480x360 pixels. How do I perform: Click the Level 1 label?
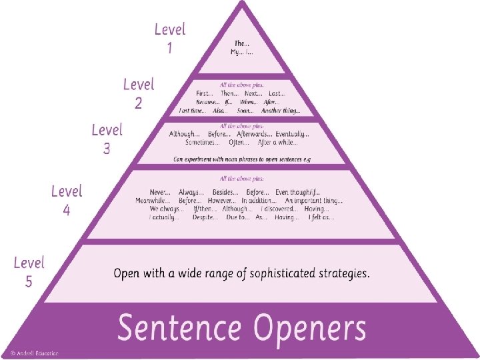point(169,38)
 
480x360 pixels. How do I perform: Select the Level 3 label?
point(107,139)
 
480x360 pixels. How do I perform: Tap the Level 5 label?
point(29,272)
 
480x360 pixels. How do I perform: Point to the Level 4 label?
point(67,200)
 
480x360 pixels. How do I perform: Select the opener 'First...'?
point(205,94)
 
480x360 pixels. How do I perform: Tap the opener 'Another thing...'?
point(282,111)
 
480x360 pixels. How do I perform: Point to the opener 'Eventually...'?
point(293,134)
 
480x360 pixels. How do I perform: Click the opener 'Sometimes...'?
point(202,143)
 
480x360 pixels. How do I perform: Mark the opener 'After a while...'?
point(278,143)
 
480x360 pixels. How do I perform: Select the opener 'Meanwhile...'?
point(153,200)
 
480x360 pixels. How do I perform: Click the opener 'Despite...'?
point(204,217)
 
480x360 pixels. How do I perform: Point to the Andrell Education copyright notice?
point(34,352)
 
